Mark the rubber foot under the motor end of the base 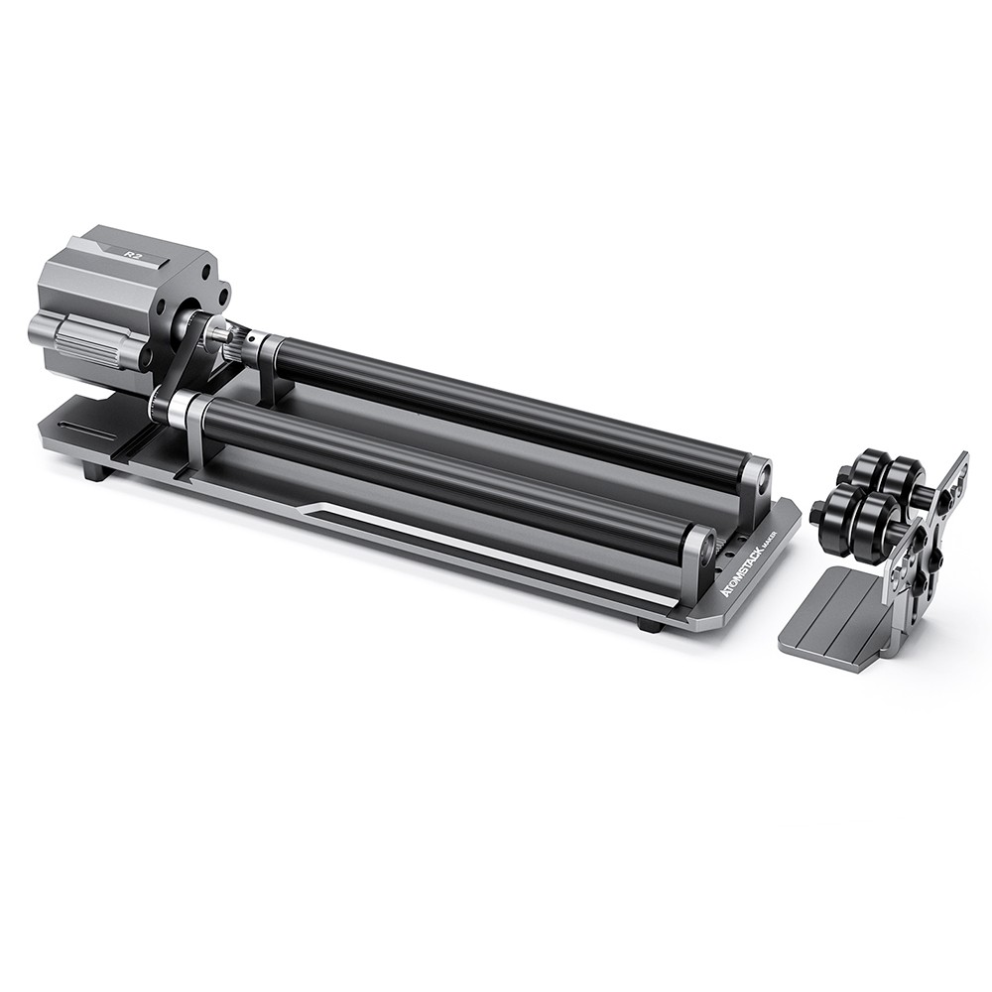[x=96, y=470]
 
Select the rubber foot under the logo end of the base [x=650, y=625]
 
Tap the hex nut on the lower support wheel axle [x=817, y=513]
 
